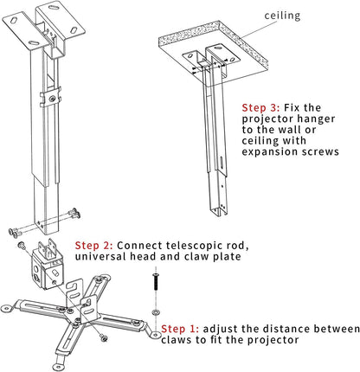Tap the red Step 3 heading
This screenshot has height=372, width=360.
259,107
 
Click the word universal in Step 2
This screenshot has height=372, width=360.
101,258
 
